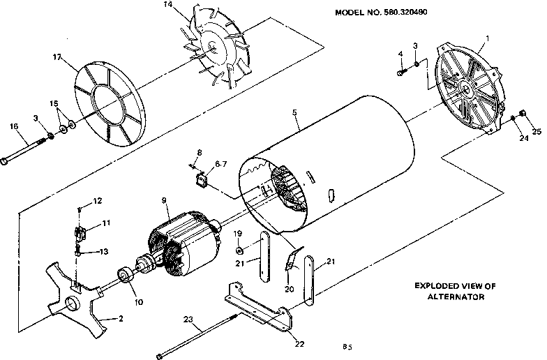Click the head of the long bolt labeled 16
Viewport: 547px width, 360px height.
click(x=5, y=162)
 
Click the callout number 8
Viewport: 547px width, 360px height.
click(x=199, y=151)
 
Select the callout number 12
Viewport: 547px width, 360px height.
click(x=98, y=201)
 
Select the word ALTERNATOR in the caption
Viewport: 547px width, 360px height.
click(x=455, y=297)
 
